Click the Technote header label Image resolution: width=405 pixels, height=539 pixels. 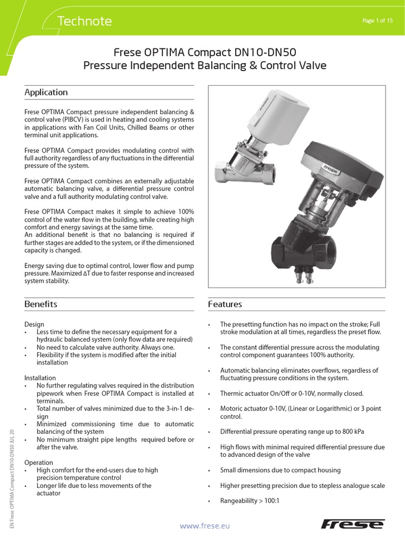84,21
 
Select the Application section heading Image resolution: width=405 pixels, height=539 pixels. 46,92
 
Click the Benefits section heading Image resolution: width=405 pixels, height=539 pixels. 41,304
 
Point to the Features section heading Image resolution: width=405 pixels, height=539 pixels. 225,304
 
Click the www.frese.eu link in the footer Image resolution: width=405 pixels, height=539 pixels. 205,525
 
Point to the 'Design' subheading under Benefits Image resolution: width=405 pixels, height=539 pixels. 34,324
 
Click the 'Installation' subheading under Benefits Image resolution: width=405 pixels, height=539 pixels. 40,378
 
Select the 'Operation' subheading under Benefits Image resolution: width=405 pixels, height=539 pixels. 38,462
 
